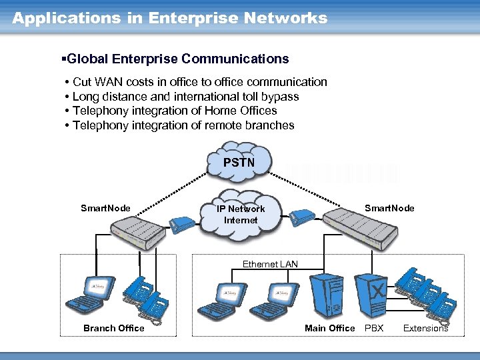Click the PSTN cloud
click(239, 162)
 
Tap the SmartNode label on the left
click(105, 208)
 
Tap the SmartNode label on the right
click(389, 208)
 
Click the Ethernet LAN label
click(270, 264)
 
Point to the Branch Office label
click(113, 327)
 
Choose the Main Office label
click(329, 327)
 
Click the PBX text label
click(373, 327)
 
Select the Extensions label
click(425, 327)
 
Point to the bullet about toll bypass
click(185, 96)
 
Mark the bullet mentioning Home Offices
click(175, 111)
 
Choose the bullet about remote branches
click(183, 125)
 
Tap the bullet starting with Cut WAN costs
click(199, 82)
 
